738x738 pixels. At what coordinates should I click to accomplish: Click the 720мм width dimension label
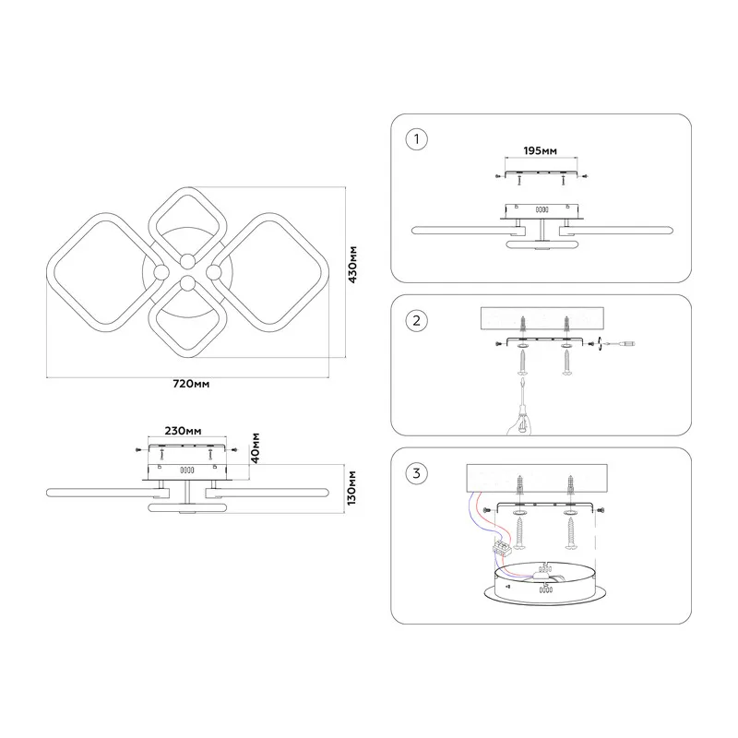191,384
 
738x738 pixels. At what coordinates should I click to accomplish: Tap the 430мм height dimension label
352,264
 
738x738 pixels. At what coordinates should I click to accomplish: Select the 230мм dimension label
183,431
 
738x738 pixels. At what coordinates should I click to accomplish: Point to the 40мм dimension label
256,448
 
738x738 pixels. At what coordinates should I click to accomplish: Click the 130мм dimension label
351,488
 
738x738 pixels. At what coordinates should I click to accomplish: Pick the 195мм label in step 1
541,150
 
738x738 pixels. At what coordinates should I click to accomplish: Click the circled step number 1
417,139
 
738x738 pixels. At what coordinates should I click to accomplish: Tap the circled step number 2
417,320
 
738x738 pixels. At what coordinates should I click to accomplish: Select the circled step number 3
417,473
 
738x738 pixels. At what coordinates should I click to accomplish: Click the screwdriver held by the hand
522,401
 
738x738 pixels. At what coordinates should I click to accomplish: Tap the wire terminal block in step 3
502,548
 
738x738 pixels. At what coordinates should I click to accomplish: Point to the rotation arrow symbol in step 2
600,343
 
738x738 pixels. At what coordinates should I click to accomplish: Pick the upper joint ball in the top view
188,261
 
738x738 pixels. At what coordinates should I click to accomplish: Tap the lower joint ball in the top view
188,283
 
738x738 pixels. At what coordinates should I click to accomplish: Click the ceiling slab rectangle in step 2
542,318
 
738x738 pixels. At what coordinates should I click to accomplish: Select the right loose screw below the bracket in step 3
570,533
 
